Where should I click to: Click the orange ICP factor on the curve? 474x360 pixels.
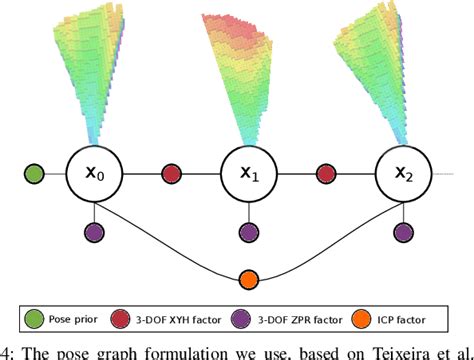(x=248, y=279)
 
